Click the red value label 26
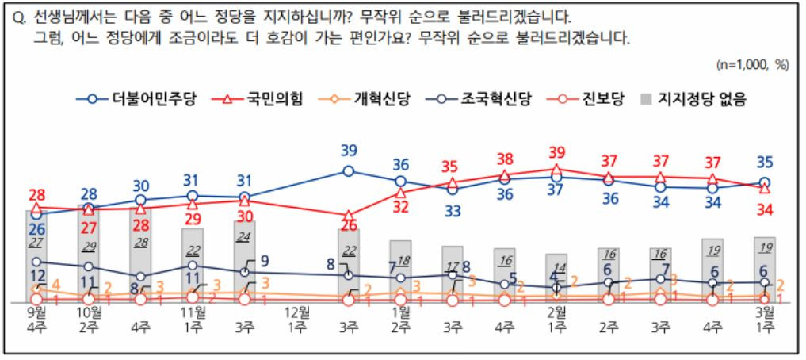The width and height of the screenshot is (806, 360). (x=347, y=225)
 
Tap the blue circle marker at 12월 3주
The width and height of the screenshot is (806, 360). (x=348, y=170)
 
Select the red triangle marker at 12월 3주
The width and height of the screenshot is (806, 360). (x=348, y=216)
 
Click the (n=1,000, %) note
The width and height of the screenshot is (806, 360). (x=753, y=65)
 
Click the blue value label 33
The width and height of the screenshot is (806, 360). (x=452, y=211)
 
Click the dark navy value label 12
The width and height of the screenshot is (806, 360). (x=36, y=274)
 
